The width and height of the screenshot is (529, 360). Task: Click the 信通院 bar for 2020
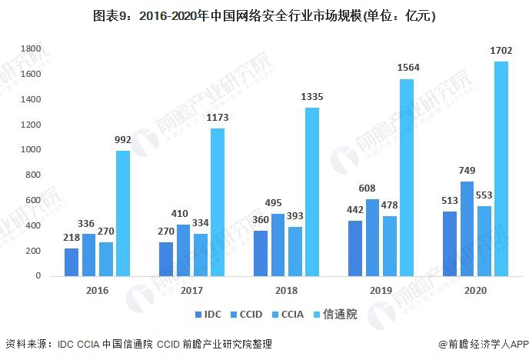click(x=501, y=168)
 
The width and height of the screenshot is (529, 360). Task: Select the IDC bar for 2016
click(x=72, y=262)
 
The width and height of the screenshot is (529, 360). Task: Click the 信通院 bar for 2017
click(x=218, y=202)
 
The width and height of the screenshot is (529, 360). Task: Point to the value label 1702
click(x=501, y=51)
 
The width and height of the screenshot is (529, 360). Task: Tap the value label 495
click(x=278, y=204)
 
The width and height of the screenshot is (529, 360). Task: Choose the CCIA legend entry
click(x=297, y=315)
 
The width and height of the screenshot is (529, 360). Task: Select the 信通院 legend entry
click(x=341, y=315)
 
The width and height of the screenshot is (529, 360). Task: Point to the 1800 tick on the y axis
click(x=29, y=48)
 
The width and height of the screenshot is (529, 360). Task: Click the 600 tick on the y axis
click(x=32, y=200)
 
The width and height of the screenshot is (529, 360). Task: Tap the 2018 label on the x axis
click(x=286, y=291)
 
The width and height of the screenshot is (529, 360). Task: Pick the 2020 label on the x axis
click(x=475, y=291)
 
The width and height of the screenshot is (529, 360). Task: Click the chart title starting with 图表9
click(x=264, y=15)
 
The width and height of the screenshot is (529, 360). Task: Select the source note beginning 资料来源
click(x=138, y=344)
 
